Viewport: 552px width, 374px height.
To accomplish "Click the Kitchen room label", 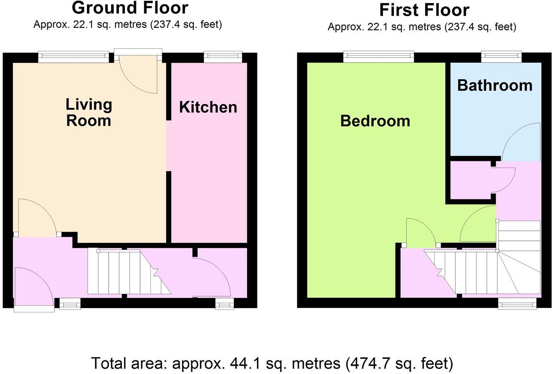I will pyautogui.click(x=208, y=107).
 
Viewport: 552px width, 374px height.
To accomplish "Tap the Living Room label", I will pyautogui.click(x=89, y=112).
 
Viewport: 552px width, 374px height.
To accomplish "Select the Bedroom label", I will pyautogui.click(x=375, y=121).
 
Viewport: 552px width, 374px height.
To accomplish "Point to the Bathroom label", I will pyautogui.click(x=495, y=85).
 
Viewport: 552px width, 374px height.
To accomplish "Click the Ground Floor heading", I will pyautogui.click(x=130, y=7).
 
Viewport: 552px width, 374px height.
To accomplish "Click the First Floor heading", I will pyautogui.click(x=424, y=10).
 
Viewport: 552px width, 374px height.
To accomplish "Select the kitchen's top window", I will pyautogui.click(x=223, y=57).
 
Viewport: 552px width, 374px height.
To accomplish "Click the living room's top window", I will pyautogui.click(x=74, y=57).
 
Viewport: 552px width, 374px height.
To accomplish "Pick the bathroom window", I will pyautogui.click(x=501, y=57).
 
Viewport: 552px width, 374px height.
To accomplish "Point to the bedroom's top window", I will pyautogui.click(x=378, y=57).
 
